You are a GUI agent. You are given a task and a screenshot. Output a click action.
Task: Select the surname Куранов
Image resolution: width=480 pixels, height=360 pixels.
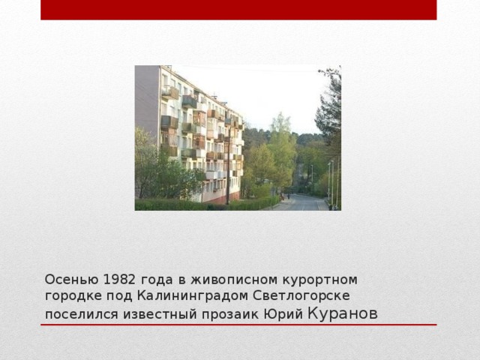343,313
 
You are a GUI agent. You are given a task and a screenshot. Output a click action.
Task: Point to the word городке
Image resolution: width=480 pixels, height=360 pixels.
70,296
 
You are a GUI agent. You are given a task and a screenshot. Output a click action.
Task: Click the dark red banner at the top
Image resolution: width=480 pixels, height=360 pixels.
238,10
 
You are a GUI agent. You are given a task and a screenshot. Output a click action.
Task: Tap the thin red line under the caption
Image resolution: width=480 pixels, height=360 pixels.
238,325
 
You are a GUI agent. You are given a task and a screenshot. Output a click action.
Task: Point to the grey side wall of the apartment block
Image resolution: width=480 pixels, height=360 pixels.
146,97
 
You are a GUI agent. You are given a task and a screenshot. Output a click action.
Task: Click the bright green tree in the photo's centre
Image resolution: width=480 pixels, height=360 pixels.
279,150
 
